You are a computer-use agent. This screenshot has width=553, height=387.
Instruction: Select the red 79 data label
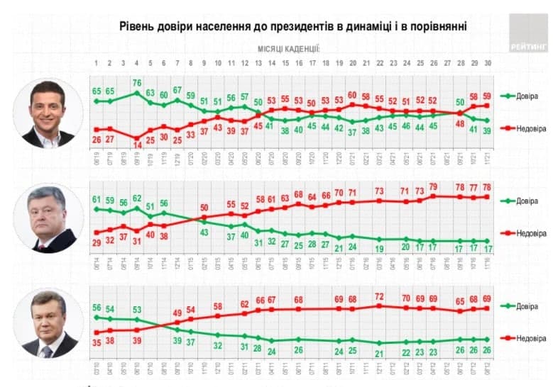434,186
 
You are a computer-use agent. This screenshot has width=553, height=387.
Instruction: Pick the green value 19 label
380,248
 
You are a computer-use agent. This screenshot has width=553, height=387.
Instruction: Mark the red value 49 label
177,313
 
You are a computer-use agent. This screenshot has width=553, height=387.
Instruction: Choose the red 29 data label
95,242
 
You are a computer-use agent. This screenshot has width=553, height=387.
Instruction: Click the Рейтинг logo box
529,33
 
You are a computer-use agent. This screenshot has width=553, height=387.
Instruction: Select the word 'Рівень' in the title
137,26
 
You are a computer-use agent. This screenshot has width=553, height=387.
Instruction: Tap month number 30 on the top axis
488,62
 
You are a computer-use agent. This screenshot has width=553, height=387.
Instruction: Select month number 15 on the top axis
285,62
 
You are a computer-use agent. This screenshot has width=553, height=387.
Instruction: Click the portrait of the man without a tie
48,113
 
